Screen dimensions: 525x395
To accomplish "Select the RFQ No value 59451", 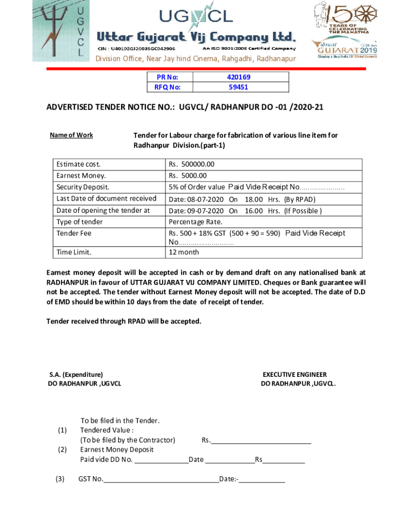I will [238, 87].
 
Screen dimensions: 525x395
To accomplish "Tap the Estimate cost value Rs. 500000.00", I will [191, 165].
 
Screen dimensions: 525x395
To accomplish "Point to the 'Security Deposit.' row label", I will [83, 187].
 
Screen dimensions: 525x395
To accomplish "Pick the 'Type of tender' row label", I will [80, 221].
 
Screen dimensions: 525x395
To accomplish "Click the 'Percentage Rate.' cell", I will [196, 221].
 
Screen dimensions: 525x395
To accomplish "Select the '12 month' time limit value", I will [184, 252].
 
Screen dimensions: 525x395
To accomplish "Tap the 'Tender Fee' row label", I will [74, 233].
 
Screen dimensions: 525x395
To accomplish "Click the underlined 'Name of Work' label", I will [71, 135].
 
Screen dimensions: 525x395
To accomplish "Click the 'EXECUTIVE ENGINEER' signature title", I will [294, 375].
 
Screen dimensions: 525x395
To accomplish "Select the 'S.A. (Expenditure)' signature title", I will [76, 375].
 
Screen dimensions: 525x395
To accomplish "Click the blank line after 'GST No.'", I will [161, 479].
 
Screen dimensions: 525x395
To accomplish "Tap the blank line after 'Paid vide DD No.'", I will [161, 459].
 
